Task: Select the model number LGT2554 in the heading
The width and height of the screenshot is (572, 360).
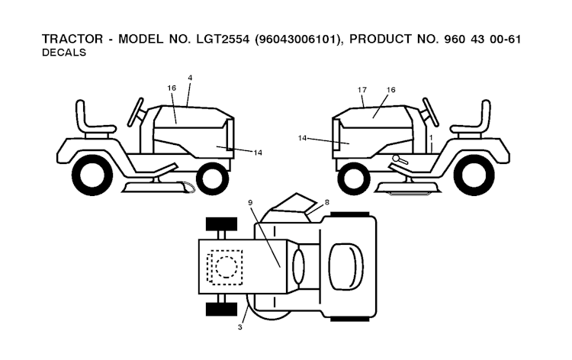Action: (x=223, y=39)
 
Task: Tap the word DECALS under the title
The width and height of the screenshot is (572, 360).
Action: (x=64, y=53)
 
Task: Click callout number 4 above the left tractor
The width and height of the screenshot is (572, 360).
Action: (x=190, y=78)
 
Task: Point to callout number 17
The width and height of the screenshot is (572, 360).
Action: (x=362, y=90)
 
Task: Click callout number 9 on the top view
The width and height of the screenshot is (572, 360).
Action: (x=250, y=202)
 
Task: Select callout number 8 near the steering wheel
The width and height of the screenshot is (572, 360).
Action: (x=327, y=202)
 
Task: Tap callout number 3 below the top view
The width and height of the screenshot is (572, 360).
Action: (x=239, y=327)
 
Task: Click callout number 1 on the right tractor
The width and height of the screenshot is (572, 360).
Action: (x=431, y=138)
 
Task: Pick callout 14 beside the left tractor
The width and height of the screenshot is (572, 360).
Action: (x=258, y=153)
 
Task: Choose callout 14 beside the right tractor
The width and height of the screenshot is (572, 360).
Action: (x=302, y=138)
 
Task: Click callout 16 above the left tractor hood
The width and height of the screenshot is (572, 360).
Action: (x=172, y=88)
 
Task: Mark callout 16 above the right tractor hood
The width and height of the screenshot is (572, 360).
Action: (x=390, y=90)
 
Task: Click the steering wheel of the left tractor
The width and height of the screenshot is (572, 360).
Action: (x=136, y=112)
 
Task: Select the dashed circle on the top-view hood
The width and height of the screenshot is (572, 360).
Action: (x=227, y=267)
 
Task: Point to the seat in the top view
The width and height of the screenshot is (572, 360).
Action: (x=345, y=266)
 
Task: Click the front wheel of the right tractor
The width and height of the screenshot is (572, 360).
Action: (x=354, y=178)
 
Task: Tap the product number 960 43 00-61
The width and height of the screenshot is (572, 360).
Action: (x=482, y=39)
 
